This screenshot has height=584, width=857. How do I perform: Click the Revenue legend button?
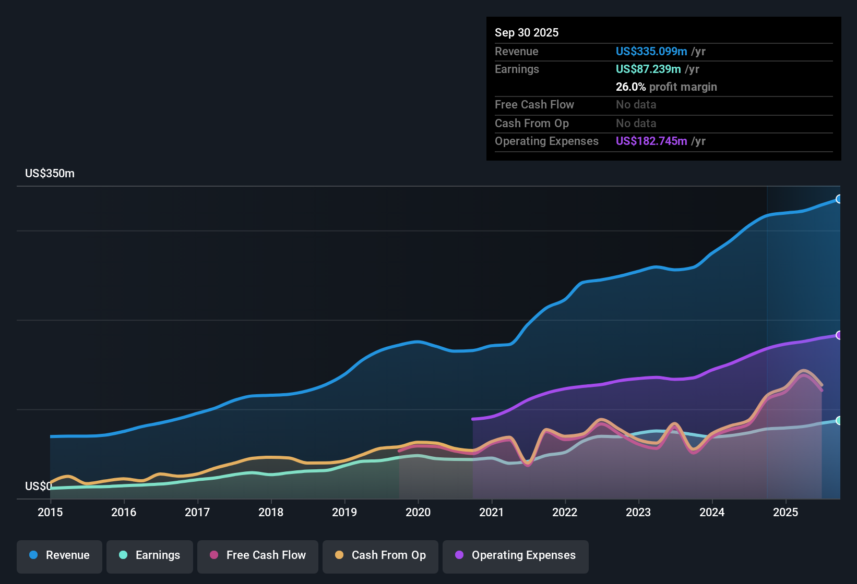click(x=59, y=555)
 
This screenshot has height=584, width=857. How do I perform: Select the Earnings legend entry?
click(x=150, y=555)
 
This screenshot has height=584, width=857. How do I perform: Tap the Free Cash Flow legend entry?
click(x=258, y=555)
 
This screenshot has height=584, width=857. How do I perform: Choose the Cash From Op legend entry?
click(x=380, y=555)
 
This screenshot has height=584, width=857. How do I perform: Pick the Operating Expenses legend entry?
click(x=516, y=555)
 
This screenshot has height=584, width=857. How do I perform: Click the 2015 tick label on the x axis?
click(x=50, y=512)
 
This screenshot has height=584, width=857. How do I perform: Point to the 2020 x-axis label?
click(x=418, y=512)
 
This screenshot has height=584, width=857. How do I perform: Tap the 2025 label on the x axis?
click(x=785, y=512)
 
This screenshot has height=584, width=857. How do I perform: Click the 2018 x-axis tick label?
click(x=271, y=512)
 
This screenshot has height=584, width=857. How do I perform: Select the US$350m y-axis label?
click(x=50, y=174)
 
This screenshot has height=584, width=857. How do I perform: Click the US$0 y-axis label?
click(x=38, y=486)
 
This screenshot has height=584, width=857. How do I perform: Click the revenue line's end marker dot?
click(x=839, y=199)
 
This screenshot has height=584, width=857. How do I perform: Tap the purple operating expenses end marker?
click(x=839, y=335)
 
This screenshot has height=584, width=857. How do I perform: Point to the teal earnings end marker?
click(x=839, y=420)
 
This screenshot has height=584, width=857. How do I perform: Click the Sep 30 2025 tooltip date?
click(x=527, y=33)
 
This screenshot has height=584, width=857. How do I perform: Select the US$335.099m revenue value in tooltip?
click(x=651, y=52)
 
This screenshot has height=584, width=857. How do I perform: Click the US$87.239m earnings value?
click(x=648, y=69)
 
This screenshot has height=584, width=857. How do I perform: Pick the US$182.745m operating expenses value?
click(x=651, y=141)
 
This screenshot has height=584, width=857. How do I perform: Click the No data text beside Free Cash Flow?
click(x=636, y=105)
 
